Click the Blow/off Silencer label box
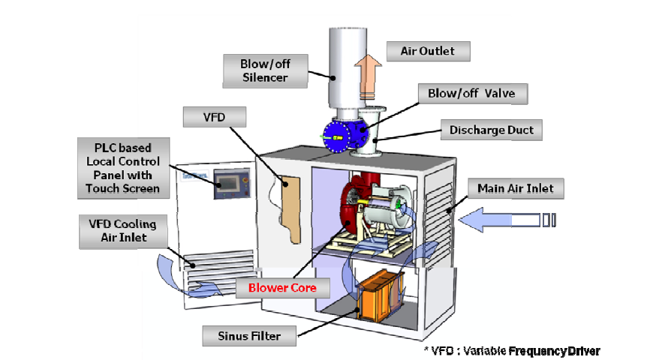264,70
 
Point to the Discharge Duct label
492,130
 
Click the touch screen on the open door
230,183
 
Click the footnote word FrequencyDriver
555,350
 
